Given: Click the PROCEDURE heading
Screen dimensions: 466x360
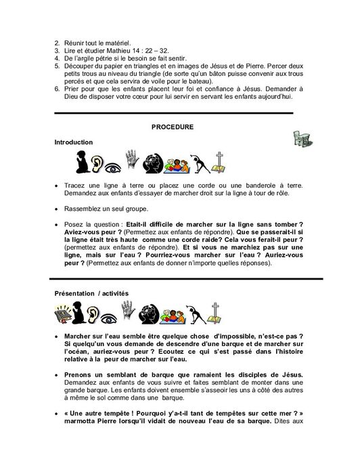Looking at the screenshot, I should [173, 127].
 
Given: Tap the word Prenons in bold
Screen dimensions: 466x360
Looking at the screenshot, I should [78, 375].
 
